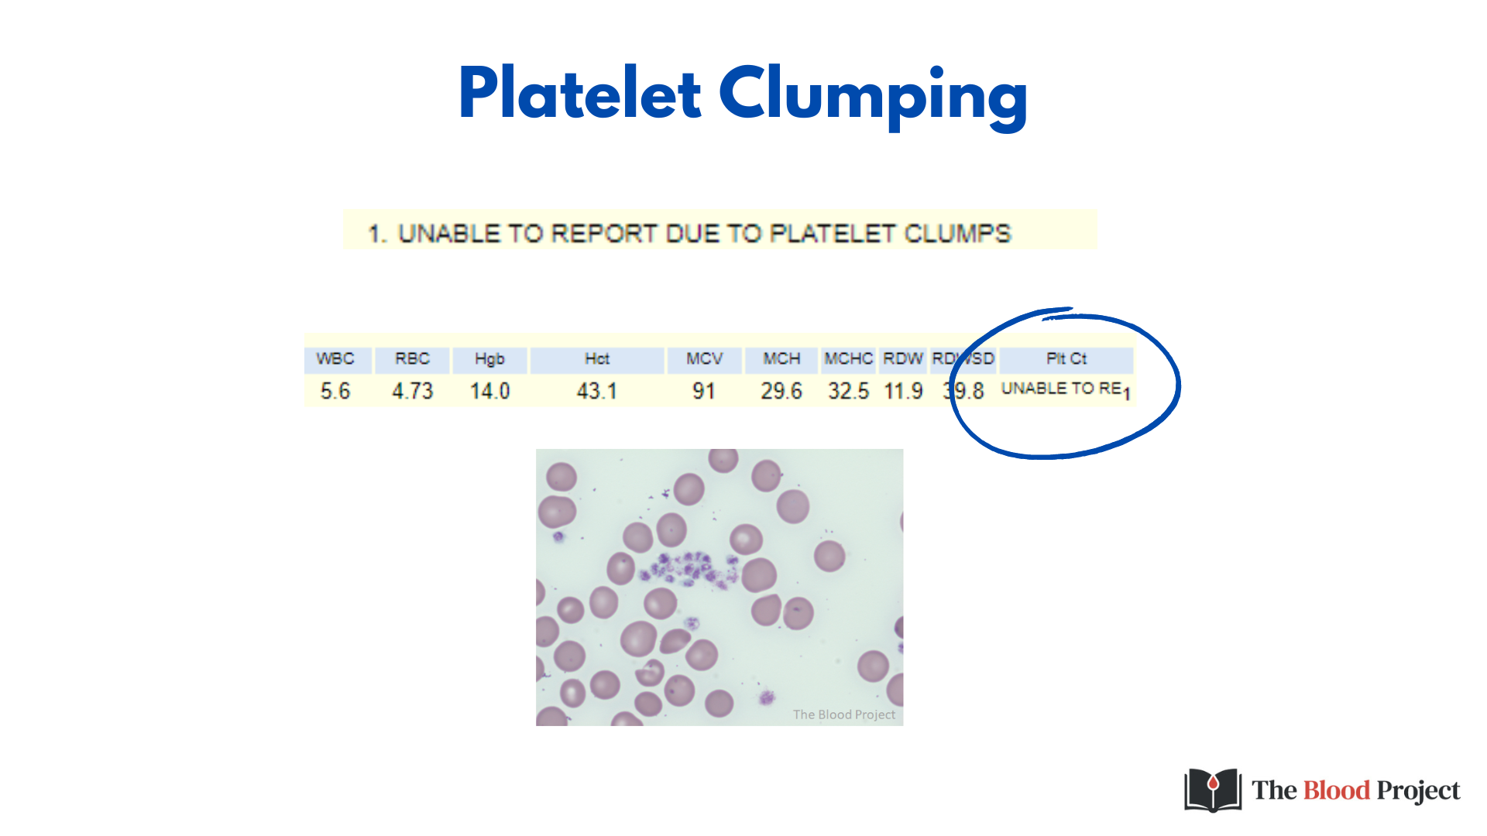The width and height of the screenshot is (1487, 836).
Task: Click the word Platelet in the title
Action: pyautogui.click(x=579, y=94)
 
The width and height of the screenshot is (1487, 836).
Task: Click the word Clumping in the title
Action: pyautogui.click(x=873, y=97)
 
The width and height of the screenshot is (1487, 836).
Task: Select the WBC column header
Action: pyautogui.click(x=335, y=359)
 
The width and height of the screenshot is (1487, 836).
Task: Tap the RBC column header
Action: pyautogui.click(x=412, y=359)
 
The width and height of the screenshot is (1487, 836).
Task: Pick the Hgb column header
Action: pyautogui.click(x=489, y=359)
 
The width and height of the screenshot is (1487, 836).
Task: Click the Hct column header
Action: pyautogui.click(x=596, y=359)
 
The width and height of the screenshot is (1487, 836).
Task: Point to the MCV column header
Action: pyautogui.click(x=704, y=359)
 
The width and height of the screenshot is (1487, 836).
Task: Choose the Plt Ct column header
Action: pyautogui.click(x=1066, y=359)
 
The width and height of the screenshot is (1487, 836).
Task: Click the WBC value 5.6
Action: pyautogui.click(x=335, y=391)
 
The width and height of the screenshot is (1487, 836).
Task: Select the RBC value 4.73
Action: pyautogui.click(x=412, y=391)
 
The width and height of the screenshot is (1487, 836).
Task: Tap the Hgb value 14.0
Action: pyautogui.click(x=489, y=391)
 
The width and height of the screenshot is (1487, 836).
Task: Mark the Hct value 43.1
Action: pyautogui.click(x=596, y=391)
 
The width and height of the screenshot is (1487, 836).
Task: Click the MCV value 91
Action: pyautogui.click(x=704, y=391)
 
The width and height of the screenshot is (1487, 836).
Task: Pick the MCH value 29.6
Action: pyautogui.click(x=781, y=391)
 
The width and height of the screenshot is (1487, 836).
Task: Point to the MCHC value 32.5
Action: pyautogui.click(x=848, y=391)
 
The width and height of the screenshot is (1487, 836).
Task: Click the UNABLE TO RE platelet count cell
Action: pyautogui.click(x=1062, y=389)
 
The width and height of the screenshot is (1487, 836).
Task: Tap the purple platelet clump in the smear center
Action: pyautogui.click(x=689, y=570)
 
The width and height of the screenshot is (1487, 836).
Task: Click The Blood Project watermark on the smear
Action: pyautogui.click(x=843, y=714)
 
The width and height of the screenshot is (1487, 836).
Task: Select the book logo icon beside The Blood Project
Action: pyautogui.click(x=1212, y=790)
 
